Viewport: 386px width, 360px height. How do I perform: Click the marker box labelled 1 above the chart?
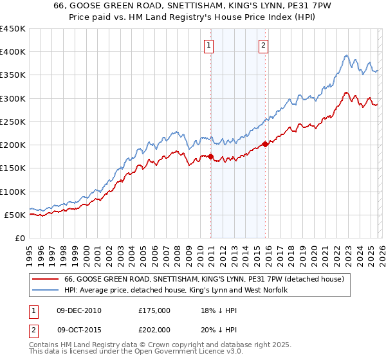coord(210,45)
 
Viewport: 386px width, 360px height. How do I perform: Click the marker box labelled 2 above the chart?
coord(264,45)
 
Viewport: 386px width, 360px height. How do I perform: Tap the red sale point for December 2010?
coord(210,156)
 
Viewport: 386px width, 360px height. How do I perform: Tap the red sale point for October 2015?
coord(265,144)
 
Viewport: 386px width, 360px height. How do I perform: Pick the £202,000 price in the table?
coord(154,328)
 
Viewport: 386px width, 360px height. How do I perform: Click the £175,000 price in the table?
coord(154,310)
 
